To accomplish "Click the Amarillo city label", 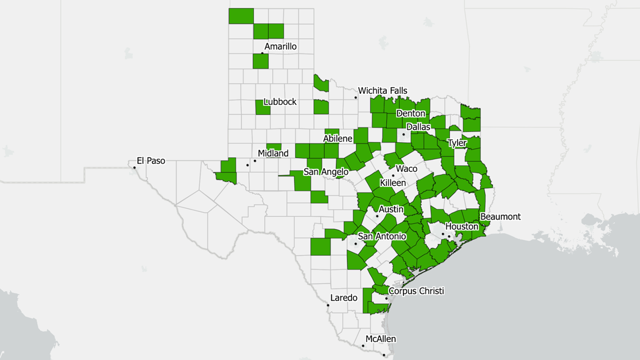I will [x=280, y=47].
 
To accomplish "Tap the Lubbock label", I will [x=280, y=102].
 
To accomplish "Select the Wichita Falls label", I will [x=383, y=90].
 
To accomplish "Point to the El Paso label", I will [x=151, y=161].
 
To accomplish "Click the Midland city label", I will [x=273, y=153].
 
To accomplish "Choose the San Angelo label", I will [x=326, y=172].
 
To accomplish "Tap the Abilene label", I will [x=337, y=139].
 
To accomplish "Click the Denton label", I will [x=411, y=113].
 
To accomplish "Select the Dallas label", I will [x=418, y=127].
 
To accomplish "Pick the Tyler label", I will [x=457, y=143].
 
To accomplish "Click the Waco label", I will [x=406, y=168].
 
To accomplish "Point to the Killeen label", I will [x=393, y=183].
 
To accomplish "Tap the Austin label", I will [x=391, y=209].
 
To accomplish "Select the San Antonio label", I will [x=382, y=236].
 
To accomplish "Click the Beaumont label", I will [x=500, y=217].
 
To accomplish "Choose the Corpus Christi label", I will [x=416, y=291].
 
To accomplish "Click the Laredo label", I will [x=344, y=298].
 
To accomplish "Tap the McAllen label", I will [x=381, y=339].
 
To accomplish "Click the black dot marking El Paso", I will [x=135, y=167].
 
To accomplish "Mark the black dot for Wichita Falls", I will [x=355, y=98].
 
